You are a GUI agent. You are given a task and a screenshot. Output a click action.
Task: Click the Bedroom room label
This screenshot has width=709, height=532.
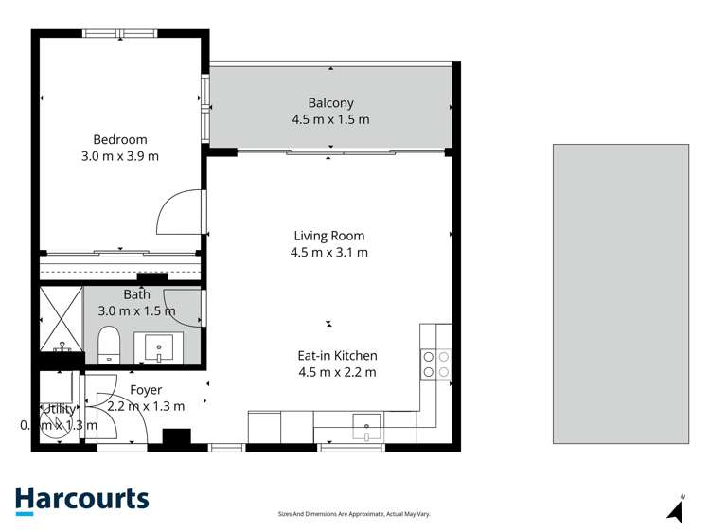click(119, 140)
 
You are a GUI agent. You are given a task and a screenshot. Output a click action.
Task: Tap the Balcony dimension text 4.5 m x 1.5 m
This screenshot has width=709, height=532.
click(330, 119)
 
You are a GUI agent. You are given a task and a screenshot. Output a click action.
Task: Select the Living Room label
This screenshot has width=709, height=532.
click(328, 236)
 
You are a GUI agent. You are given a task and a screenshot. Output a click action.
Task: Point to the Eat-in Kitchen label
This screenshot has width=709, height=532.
click(337, 356)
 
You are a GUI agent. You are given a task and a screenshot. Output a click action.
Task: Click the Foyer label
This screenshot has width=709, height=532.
click(146, 390)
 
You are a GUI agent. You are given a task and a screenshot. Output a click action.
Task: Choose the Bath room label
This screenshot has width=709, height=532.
click(136, 295)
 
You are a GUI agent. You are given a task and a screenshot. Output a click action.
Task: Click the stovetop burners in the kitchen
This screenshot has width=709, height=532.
click(435, 364)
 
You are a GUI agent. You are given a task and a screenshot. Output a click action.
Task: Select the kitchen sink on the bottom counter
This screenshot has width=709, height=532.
click(366, 427)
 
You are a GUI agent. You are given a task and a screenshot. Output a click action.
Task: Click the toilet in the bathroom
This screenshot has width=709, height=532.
click(109, 346)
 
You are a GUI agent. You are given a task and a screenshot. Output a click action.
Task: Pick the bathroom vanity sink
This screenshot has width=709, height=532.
click(158, 347)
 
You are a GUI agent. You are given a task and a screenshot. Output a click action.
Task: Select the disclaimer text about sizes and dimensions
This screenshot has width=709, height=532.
click(353, 514)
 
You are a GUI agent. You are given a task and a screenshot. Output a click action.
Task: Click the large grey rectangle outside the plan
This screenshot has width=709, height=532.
click(620, 293)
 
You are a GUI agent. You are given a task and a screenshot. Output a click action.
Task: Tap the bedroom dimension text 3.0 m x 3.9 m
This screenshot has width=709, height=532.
click(119, 156)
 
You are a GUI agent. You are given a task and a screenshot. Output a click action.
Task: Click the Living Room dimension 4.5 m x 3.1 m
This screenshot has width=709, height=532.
click(328, 252)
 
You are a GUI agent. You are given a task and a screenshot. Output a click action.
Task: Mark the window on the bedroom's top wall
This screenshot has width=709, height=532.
click(119, 34)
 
